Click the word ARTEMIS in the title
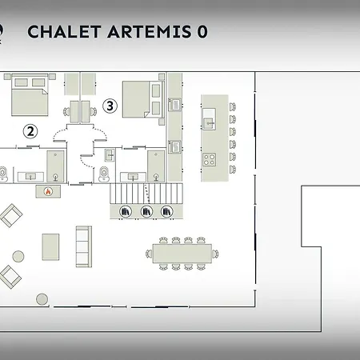point(150,32)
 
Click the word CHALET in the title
point(64,32)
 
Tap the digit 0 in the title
point(202,32)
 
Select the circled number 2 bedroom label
point(30,131)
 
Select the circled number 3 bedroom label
point(110,106)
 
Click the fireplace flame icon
point(48,191)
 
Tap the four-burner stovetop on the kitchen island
point(209,159)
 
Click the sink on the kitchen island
point(209,119)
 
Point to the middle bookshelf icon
point(146,212)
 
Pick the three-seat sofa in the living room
point(84,246)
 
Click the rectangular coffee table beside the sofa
point(50,247)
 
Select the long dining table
point(182,254)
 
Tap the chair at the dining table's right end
point(215,254)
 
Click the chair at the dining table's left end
point(149,254)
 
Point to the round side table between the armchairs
point(18,256)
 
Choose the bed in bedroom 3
point(143,99)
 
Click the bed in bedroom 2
point(30,95)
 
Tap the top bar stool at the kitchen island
point(233,107)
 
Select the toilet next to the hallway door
point(104,174)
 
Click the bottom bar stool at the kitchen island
point(233,170)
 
